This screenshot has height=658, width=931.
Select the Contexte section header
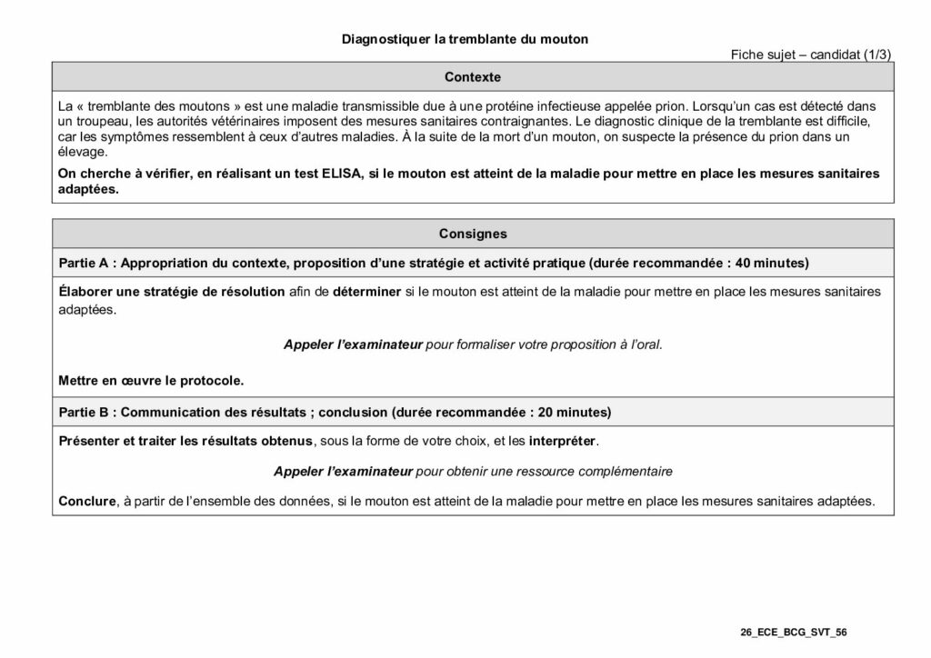tap(473, 77)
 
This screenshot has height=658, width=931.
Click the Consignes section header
tap(473, 234)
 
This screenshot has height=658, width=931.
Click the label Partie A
tap(84, 264)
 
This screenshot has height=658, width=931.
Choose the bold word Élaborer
tap(85, 292)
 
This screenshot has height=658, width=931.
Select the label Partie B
tap(84, 412)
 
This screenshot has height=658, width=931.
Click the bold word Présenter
tap(89, 441)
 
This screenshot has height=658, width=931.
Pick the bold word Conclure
tap(86, 501)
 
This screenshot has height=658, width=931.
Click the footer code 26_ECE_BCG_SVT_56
tap(794, 631)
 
